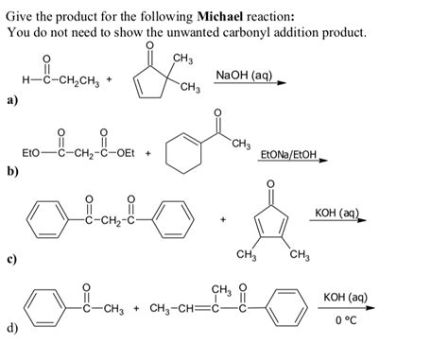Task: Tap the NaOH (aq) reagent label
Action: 244,74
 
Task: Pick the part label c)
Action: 13,255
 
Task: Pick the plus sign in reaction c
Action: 223,220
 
